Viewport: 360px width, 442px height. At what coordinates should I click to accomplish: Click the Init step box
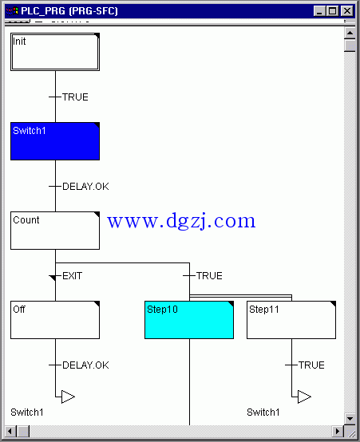tap(55, 52)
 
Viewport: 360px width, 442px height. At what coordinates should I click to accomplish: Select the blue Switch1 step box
tap(55, 141)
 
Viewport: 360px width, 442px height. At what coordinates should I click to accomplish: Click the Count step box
tap(55, 231)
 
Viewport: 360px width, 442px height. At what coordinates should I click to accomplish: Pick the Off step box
tap(55, 320)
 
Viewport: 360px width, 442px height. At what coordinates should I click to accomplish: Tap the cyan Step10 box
tap(189, 320)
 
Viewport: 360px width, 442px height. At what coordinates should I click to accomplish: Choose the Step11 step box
tap(291, 320)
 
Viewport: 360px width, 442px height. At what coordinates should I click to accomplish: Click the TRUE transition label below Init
tap(75, 97)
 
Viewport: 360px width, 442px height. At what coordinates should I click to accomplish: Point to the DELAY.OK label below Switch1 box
tap(85, 187)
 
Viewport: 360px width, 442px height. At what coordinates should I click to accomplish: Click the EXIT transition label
tap(72, 276)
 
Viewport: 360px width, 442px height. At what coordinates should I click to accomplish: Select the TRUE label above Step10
tap(209, 276)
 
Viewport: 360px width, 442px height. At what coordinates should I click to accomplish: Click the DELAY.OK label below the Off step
tap(85, 365)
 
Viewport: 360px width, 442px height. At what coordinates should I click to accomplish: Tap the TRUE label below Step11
tap(311, 365)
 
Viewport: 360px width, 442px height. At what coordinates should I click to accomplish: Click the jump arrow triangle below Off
tap(68, 397)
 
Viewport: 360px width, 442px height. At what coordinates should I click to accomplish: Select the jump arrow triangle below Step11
tap(304, 397)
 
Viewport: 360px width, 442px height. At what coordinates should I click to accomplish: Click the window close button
tap(347, 11)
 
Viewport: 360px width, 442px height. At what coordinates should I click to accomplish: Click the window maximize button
tap(333, 11)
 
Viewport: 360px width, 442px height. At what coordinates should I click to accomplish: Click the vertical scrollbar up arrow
tap(350, 33)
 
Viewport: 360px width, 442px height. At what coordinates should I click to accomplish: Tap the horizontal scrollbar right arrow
tap(337, 432)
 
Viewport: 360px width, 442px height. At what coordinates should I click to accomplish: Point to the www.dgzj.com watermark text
tap(181, 221)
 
